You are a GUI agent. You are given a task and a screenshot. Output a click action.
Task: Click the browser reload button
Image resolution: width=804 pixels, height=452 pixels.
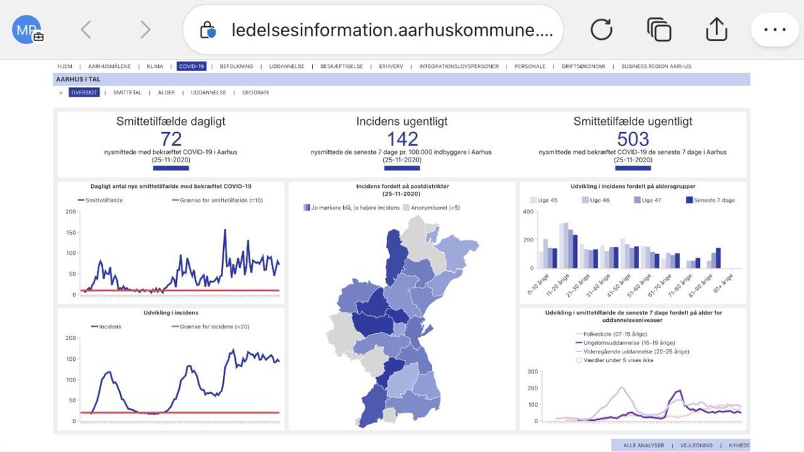601,30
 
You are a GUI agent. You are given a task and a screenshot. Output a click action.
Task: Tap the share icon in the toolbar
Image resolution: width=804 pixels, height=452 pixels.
716,30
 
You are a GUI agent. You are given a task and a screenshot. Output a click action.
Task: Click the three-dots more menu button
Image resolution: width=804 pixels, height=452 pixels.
775,30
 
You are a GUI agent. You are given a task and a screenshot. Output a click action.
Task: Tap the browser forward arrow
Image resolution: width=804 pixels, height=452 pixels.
145,30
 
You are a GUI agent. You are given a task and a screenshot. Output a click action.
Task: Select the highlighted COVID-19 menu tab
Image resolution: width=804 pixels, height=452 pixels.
192,66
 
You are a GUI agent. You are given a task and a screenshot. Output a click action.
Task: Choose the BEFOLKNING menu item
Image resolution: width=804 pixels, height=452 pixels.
236,66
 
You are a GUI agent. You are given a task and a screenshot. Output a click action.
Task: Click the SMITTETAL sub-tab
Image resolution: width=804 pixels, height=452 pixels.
127,93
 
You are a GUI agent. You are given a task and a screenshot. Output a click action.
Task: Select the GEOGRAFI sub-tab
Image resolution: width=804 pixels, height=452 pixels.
255,93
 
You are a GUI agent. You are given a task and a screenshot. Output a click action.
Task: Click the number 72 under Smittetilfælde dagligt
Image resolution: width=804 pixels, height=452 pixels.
172,139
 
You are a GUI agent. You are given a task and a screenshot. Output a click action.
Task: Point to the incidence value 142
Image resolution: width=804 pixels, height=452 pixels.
402,139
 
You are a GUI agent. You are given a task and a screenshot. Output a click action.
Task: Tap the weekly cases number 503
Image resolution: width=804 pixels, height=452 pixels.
633,139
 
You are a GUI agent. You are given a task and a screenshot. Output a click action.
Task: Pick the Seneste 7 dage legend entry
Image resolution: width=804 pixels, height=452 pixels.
710,200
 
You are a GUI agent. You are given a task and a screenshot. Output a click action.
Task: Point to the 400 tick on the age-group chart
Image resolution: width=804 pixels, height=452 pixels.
527,212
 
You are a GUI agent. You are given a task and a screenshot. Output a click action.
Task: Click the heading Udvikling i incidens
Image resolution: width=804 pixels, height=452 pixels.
171,313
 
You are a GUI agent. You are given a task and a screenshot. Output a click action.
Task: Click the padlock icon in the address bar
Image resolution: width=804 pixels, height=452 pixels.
208,30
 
